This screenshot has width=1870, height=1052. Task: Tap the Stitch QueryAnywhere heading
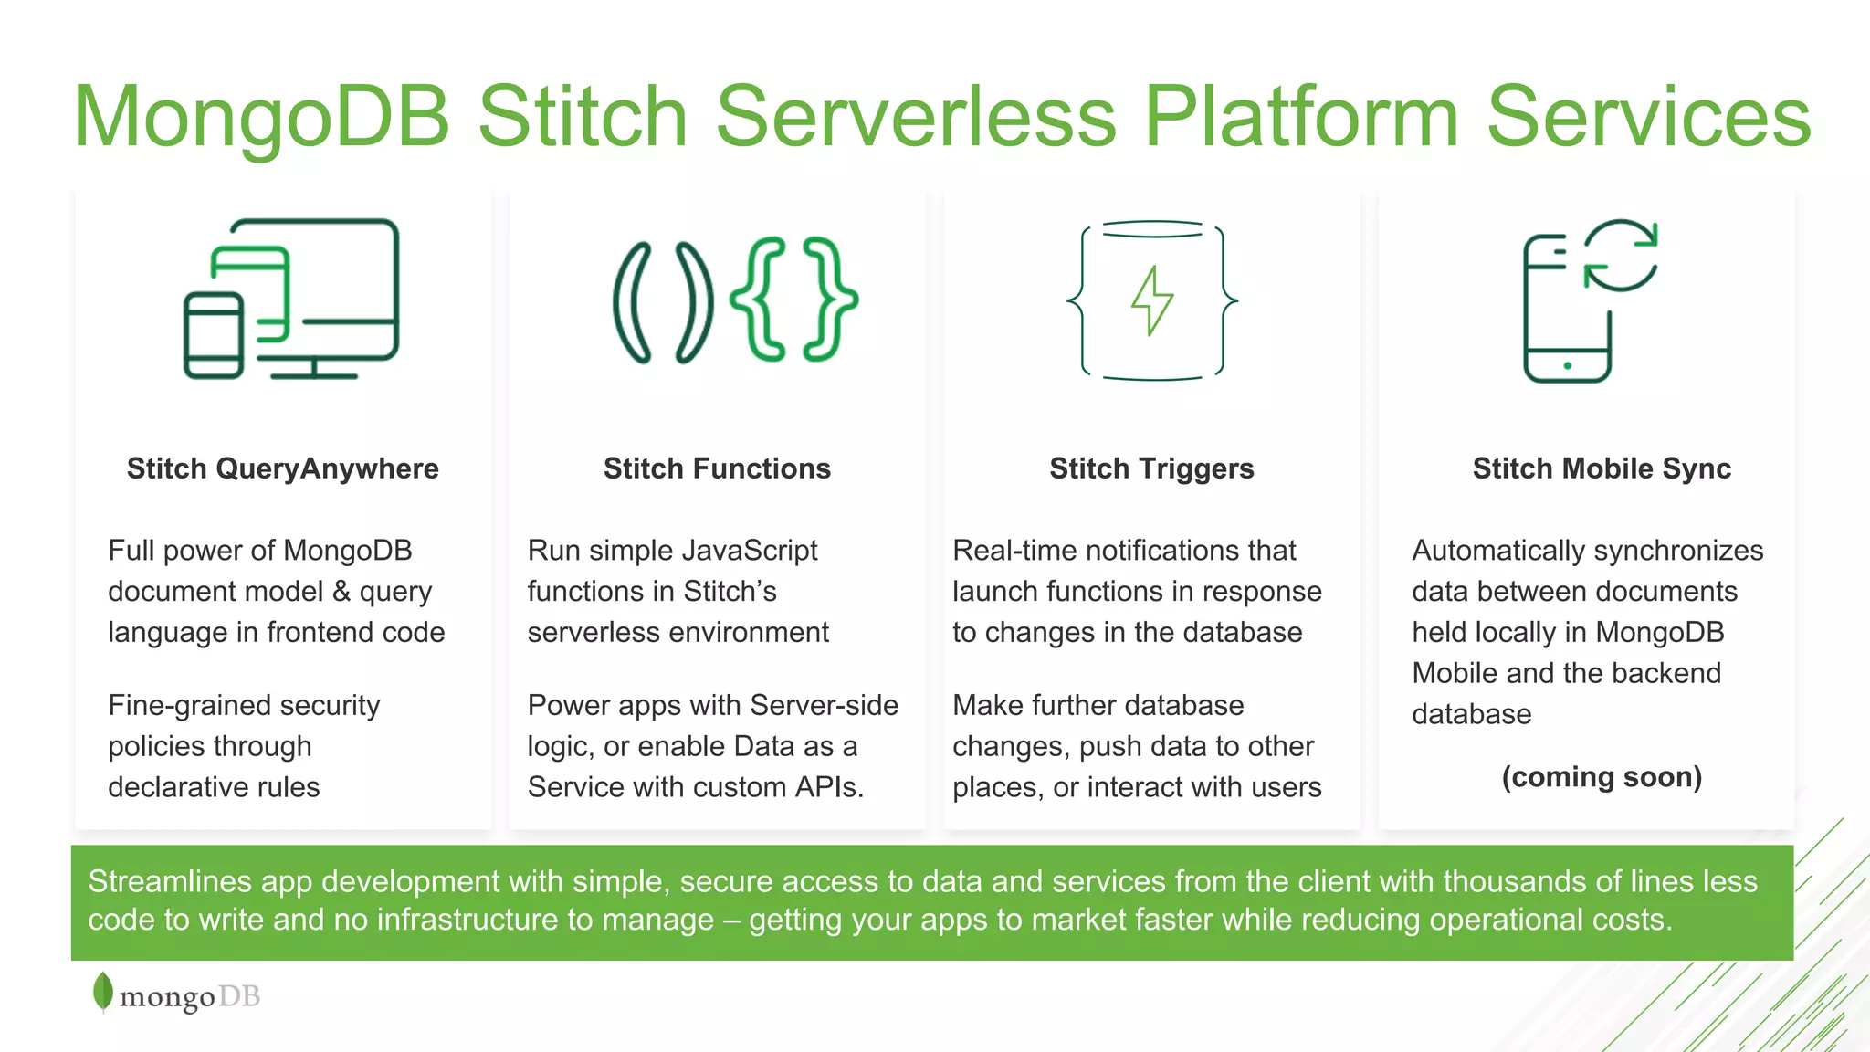[x=283, y=468]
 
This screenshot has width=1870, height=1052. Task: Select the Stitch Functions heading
[x=717, y=468]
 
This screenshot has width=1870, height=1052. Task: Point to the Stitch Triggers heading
[x=1151, y=468]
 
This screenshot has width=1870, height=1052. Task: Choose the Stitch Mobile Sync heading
[x=1602, y=468]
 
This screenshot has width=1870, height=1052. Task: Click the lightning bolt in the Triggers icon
[x=1152, y=300]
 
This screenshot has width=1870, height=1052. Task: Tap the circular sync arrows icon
[x=1621, y=255]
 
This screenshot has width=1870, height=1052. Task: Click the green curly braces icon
[x=794, y=300]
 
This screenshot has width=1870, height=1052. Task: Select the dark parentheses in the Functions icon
[x=663, y=302]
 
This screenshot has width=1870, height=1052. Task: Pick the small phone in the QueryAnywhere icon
[x=213, y=335]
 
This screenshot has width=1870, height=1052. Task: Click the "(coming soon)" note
[x=1602, y=777]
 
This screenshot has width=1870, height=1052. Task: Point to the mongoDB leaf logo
[x=103, y=993]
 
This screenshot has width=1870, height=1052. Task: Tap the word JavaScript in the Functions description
[x=750, y=551]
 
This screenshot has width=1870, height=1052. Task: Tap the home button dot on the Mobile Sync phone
[x=1567, y=366]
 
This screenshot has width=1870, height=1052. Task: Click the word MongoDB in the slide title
[x=262, y=116]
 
